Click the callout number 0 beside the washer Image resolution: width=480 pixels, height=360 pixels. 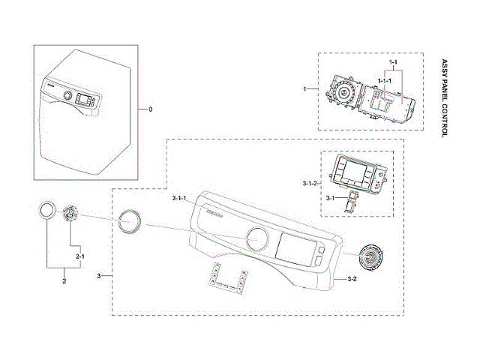(x=150, y=109)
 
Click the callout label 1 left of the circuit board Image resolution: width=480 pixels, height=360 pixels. (x=305, y=89)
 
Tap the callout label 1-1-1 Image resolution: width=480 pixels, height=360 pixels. (x=385, y=79)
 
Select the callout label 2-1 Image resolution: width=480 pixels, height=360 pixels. (x=79, y=256)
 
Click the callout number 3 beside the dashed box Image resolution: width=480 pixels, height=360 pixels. (x=99, y=277)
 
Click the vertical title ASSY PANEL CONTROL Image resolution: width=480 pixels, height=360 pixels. (x=444, y=97)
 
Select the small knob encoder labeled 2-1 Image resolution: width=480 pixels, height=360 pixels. (x=70, y=213)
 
